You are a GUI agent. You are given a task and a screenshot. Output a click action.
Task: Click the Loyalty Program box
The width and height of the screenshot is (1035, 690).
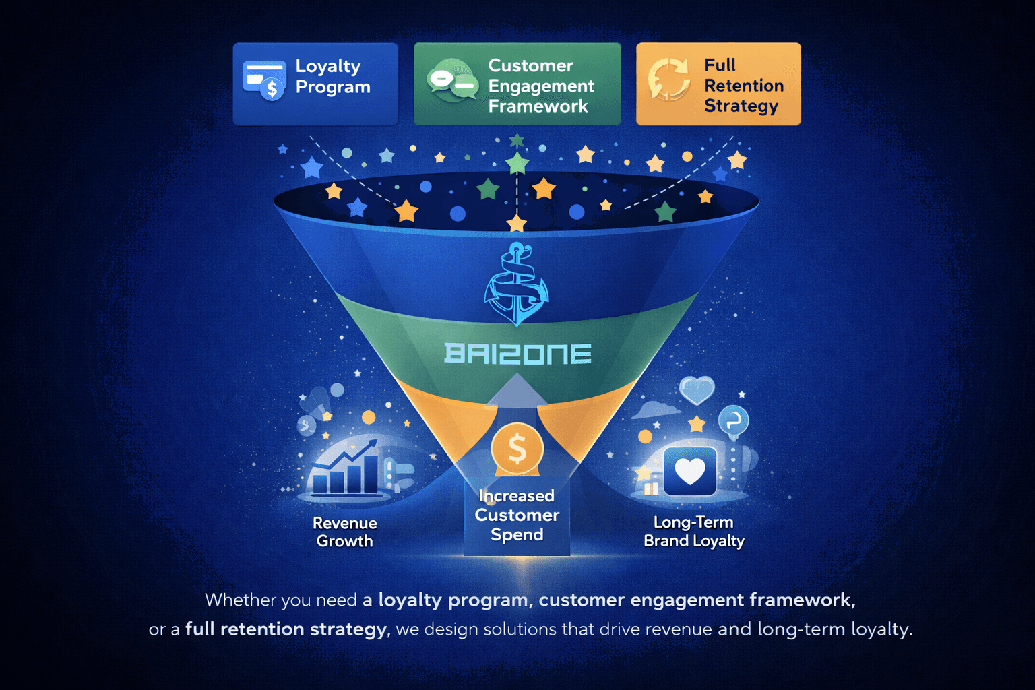[315, 84]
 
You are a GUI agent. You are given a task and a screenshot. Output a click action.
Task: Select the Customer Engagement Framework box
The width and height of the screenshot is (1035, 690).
[517, 84]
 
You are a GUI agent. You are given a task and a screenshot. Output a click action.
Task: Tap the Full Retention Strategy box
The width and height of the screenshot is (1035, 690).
[718, 84]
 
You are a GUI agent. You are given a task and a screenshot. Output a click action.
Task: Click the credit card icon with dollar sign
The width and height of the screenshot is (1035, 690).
[264, 80]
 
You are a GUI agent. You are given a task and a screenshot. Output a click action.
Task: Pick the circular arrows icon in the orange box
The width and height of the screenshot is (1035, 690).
[668, 80]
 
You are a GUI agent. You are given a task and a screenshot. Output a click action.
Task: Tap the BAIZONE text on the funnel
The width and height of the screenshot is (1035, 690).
[517, 354]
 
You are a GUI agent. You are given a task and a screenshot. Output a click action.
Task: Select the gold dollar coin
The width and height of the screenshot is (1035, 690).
[517, 448]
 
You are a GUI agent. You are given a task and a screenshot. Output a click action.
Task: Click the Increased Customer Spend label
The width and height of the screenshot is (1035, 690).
[517, 515]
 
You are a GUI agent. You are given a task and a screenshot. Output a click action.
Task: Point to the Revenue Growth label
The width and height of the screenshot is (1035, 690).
[344, 532]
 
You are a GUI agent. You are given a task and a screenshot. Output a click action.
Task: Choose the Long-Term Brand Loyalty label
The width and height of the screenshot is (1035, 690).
[693, 532]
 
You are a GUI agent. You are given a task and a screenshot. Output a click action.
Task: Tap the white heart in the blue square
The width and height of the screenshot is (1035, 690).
[690, 471]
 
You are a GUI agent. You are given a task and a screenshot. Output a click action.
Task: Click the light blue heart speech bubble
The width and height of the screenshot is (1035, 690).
[697, 389]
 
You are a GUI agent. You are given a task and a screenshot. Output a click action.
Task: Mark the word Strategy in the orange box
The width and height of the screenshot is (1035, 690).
[741, 106]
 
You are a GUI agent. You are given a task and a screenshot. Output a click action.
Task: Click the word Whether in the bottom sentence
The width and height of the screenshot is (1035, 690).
[240, 600]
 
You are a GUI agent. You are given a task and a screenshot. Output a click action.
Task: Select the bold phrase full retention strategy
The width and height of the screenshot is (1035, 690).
[286, 629]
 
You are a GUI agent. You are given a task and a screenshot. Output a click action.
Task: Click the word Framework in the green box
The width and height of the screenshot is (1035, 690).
[538, 106]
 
